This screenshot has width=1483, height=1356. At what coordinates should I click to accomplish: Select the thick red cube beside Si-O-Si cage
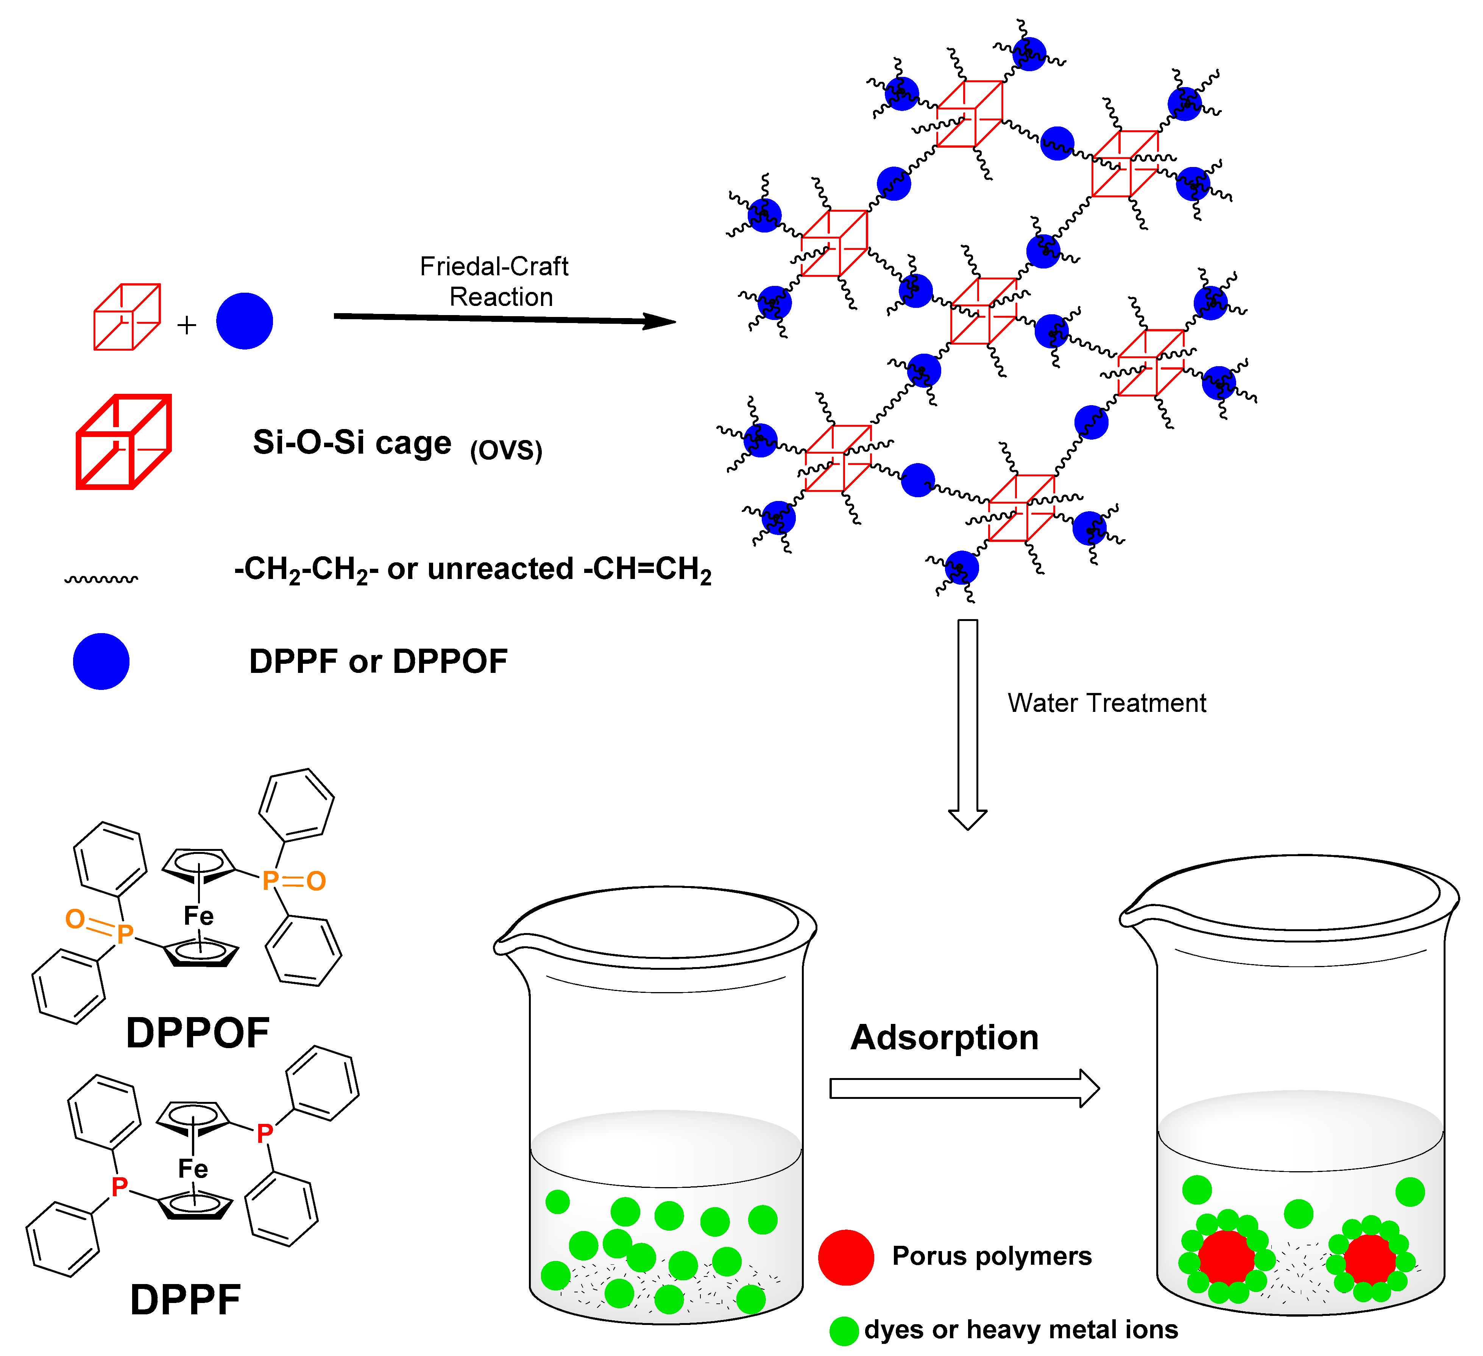(x=123, y=442)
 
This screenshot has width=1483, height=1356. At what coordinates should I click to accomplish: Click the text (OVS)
(x=506, y=449)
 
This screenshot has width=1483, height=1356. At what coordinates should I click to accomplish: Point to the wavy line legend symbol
(x=101, y=580)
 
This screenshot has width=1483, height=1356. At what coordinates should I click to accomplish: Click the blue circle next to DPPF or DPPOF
(x=101, y=661)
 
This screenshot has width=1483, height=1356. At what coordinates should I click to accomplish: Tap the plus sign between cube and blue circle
(x=187, y=325)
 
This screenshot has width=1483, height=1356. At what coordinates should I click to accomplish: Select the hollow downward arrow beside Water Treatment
(x=967, y=725)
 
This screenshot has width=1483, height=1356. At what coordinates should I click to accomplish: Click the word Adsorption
(x=945, y=1038)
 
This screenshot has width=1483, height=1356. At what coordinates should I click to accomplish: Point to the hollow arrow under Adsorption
(x=964, y=1088)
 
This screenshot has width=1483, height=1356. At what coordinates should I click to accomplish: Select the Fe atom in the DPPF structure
(x=193, y=1169)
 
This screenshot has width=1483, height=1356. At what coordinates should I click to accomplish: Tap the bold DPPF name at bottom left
(x=186, y=1300)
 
